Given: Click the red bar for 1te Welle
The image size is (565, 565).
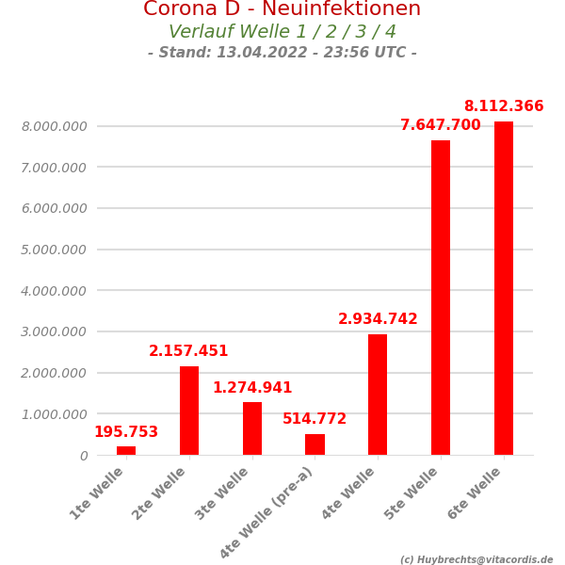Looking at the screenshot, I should (126, 451).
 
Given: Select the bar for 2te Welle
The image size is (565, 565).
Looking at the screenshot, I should (189, 411).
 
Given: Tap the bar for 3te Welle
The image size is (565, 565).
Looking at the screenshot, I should (252, 428).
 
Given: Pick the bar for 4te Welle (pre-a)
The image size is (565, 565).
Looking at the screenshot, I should (315, 444).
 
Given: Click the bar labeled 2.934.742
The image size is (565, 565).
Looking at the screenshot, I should (378, 395).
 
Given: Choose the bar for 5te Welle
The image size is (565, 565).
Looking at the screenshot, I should (441, 298).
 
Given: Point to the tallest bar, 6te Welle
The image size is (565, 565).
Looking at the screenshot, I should (504, 288).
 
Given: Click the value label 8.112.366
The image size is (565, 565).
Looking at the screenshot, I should (503, 106).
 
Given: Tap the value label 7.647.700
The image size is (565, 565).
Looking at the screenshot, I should (440, 125).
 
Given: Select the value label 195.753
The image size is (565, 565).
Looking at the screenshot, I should (126, 432).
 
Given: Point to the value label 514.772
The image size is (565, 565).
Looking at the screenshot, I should (315, 419).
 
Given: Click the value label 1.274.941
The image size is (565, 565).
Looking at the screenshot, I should (252, 388).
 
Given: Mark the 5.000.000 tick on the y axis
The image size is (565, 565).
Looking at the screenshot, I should (54, 250).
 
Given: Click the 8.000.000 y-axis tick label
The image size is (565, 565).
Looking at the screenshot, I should (54, 126).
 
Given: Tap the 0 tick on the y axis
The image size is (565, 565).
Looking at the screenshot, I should (84, 456).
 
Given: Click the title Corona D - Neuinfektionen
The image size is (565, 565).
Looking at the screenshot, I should (282, 9).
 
